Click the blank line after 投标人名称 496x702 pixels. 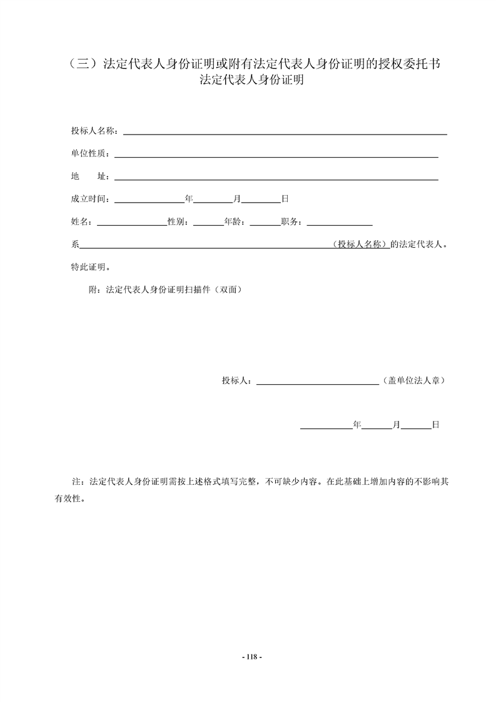tap(285, 133)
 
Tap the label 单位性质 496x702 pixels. tap(89, 154)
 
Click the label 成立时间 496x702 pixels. tap(89, 199)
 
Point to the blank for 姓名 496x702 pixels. tap(131, 223)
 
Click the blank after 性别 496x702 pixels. tap(208, 223)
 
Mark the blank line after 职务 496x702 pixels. tap(340, 223)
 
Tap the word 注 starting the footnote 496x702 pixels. tap(77, 483)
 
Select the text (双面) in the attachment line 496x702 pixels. tap(228, 290)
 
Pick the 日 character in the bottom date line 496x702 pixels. tap(435, 425)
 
